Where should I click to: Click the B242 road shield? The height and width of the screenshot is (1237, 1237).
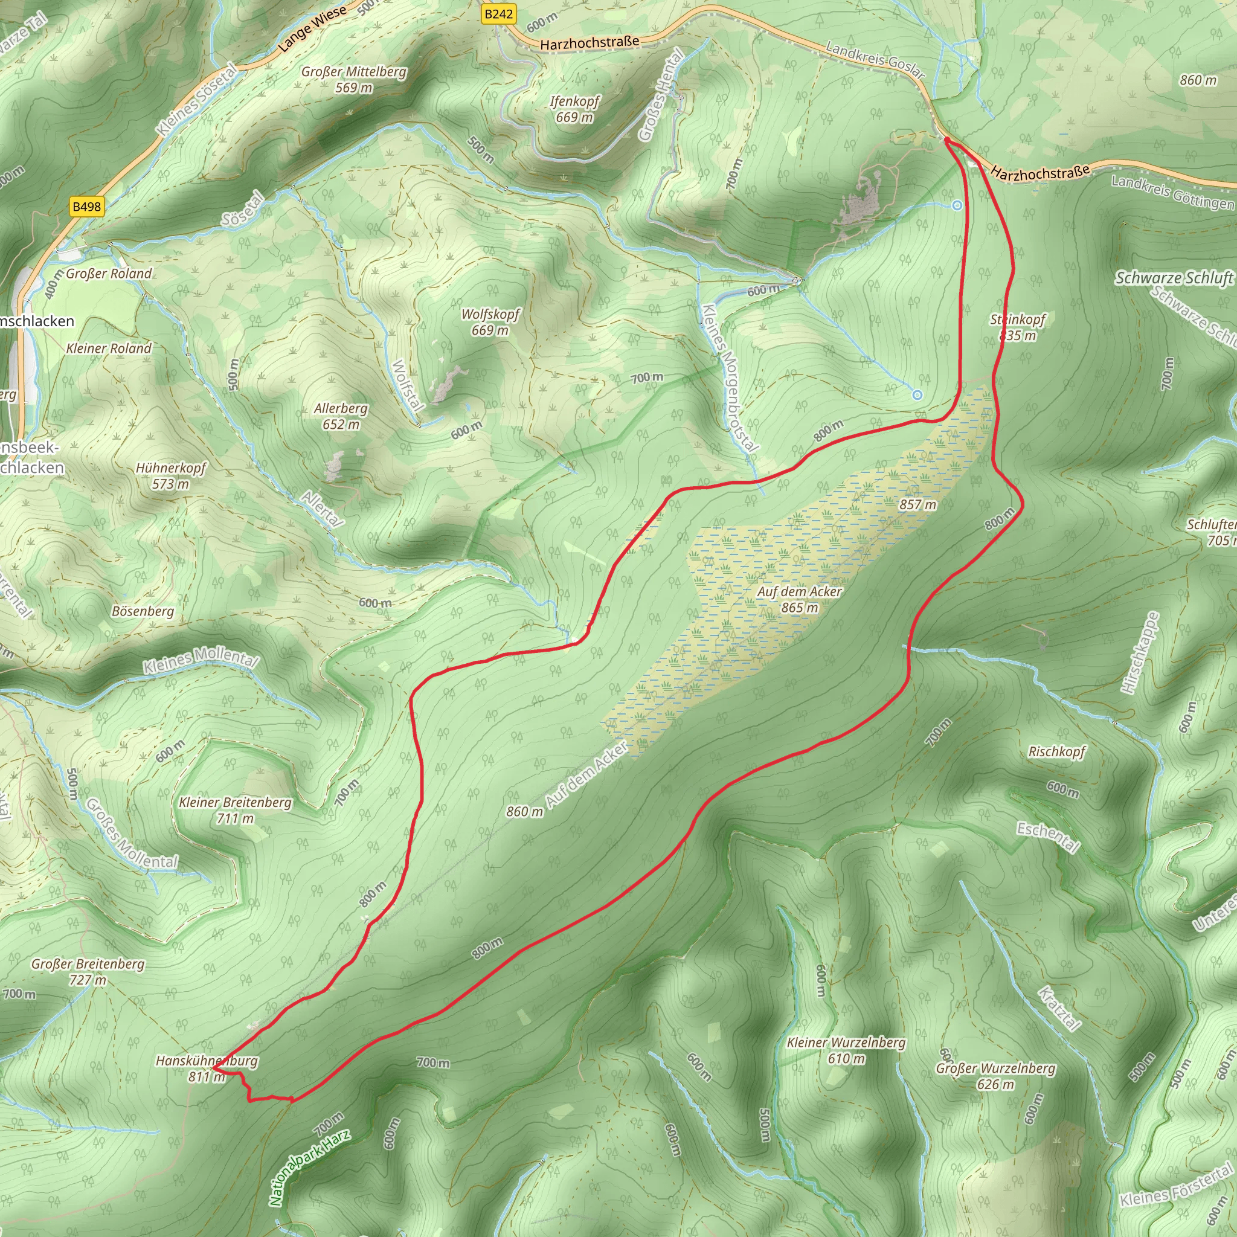point(498,14)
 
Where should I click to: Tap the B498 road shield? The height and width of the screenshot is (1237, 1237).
point(86,206)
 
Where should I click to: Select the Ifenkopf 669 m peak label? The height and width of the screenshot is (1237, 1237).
point(574,109)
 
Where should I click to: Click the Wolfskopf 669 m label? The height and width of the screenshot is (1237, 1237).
point(490,322)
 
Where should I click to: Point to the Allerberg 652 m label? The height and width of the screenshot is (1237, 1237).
point(341,416)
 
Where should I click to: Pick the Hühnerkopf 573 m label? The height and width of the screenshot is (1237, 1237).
point(171,476)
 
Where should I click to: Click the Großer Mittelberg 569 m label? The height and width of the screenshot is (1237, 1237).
point(353,79)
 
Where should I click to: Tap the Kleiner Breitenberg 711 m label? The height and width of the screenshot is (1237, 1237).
point(235,810)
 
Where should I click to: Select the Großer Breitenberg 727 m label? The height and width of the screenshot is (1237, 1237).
point(88,971)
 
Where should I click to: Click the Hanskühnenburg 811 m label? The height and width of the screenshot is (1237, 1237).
point(207,1068)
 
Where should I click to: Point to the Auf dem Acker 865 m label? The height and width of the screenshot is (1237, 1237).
point(799,599)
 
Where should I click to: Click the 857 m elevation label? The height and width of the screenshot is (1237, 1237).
point(917,504)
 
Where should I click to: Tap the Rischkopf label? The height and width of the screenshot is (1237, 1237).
point(1056,751)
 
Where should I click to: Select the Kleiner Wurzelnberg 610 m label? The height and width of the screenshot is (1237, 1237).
point(846,1050)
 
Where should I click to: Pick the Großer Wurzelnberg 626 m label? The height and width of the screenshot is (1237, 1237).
point(995,1076)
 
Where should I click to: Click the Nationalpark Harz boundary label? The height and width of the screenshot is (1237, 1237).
point(310,1168)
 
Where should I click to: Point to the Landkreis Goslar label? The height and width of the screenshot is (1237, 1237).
point(875,60)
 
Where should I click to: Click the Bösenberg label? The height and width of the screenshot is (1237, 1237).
point(143,611)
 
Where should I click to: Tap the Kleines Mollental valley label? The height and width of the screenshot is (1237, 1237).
point(201,660)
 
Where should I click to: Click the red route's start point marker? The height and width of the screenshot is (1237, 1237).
point(946,140)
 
